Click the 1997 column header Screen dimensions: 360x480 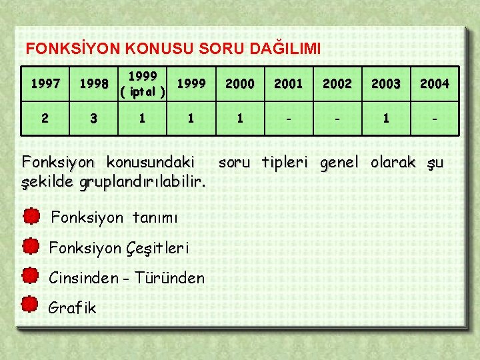click(45, 83)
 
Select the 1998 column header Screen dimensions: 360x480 click(93, 83)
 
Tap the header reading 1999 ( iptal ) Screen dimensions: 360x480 click(142, 83)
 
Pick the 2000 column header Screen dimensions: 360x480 click(239, 83)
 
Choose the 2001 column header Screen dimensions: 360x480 click(289, 83)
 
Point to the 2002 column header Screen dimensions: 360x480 click(337, 83)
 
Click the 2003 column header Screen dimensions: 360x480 click(386, 83)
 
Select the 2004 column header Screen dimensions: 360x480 click(435, 83)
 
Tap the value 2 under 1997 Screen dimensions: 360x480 click(45, 119)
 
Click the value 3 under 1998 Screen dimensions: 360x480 click(93, 119)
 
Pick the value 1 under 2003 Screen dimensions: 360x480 click(386, 119)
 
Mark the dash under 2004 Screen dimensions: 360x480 click(435, 119)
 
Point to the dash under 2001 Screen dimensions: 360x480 click(289, 119)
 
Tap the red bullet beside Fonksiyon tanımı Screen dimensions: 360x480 click(31, 217)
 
